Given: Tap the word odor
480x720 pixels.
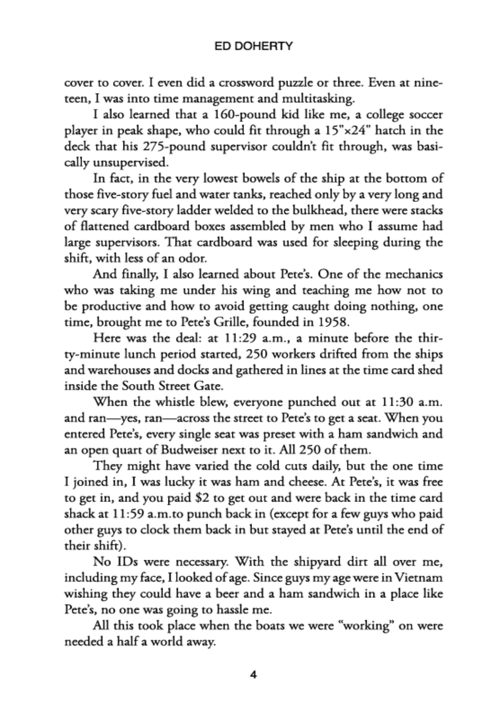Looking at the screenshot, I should pyautogui.click(x=197, y=258).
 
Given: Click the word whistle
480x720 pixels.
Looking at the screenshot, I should pyautogui.click(x=167, y=402).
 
